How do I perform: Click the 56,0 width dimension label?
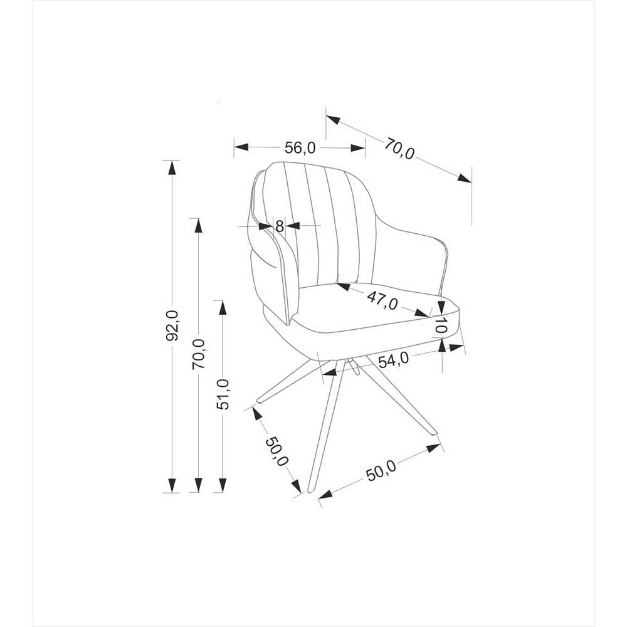point(300,148)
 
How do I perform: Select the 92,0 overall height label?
point(172,325)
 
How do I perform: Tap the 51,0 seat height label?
point(223,394)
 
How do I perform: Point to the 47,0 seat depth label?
point(382,300)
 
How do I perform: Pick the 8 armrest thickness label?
point(280,226)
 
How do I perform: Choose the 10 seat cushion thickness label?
point(440,325)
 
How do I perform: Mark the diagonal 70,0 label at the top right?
point(399,149)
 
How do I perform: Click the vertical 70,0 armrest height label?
point(199,354)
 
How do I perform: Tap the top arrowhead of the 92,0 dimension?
point(172,167)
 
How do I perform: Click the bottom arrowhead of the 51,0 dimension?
point(223,485)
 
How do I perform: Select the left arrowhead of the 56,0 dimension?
point(241,147)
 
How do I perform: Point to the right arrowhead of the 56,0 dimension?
point(357,147)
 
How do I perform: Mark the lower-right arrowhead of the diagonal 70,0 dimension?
point(465,178)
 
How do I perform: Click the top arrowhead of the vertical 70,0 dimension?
point(198,226)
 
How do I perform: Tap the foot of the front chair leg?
point(310,488)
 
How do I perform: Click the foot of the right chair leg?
point(433,431)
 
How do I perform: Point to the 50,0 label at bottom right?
point(381,470)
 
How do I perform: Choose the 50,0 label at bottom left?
point(277,451)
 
